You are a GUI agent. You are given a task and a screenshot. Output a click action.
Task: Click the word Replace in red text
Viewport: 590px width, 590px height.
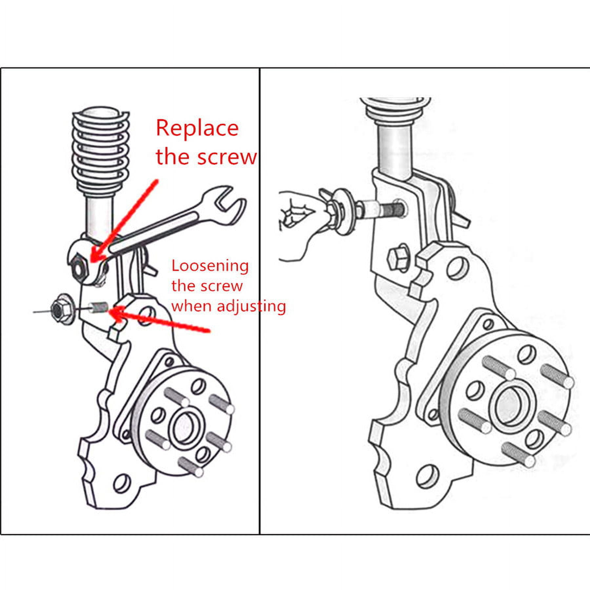coord(197,129)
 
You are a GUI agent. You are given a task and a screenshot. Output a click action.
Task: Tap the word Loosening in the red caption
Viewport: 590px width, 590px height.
coord(210,266)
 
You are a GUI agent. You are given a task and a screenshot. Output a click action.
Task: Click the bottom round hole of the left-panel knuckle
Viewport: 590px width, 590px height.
coord(122,483)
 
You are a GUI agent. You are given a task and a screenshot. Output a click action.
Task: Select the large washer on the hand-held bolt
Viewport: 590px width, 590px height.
coord(344,211)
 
